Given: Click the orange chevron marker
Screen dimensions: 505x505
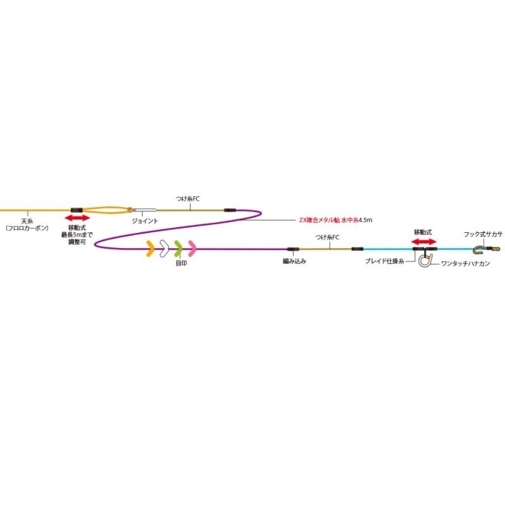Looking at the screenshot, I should [150, 249].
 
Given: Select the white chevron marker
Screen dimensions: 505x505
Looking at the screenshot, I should [163, 249].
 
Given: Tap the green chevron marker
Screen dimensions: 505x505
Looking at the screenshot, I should [178, 249].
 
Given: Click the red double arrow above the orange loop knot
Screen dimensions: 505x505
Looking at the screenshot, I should [78, 218].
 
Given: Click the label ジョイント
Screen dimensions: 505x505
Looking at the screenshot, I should [145, 221].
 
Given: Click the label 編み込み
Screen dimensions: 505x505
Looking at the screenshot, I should [294, 260].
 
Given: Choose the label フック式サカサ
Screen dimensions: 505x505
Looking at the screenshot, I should [483, 234].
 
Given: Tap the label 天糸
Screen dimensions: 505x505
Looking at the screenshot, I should [26, 221].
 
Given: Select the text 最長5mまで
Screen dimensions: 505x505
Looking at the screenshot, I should [80, 234].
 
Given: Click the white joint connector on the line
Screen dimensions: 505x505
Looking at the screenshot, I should [146, 210].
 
